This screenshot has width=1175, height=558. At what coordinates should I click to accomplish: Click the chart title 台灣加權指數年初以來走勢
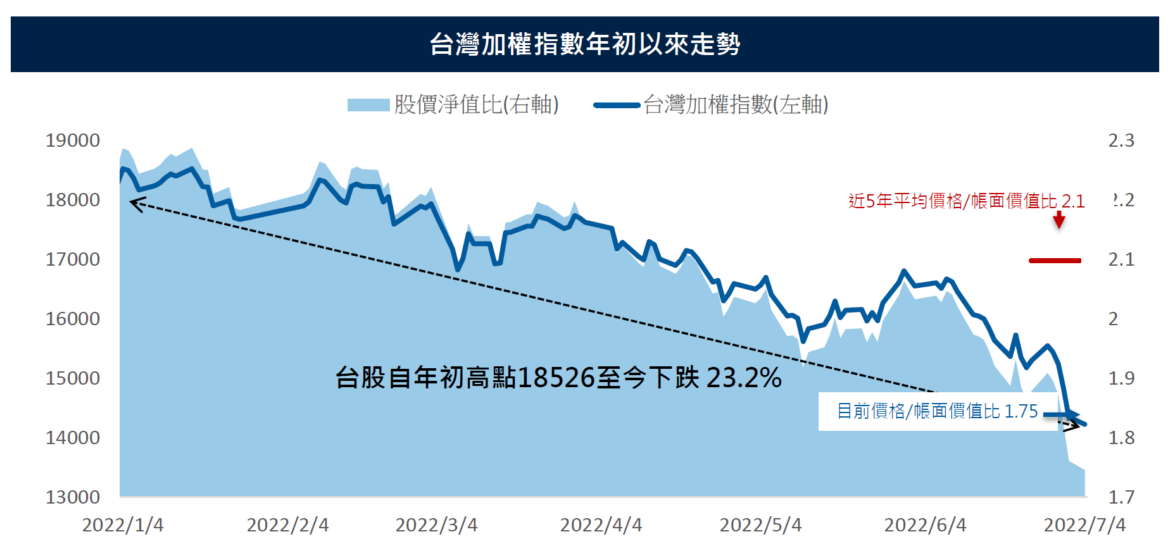(x=585, y=44)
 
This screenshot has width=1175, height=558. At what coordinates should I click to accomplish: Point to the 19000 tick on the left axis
(x=73, y=140)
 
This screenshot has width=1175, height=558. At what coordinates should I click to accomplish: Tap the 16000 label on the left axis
(x=73, y=319)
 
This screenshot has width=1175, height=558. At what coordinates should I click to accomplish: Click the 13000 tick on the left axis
(x=73, y=497)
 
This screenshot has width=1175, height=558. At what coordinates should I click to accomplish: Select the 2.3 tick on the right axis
(x=1121, y=140)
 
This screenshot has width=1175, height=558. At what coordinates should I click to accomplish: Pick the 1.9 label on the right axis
(x=1121, y=378)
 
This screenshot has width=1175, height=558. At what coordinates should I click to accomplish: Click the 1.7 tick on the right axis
(x=1121, y=497)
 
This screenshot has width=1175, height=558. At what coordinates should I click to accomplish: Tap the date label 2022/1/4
(x=123, y=525)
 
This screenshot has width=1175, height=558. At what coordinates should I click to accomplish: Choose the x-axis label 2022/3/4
(x=436, y=525)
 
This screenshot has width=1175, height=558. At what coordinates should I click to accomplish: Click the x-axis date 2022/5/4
(x=760, y=525)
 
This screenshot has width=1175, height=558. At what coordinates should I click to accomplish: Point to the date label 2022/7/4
(x=1084, y=525)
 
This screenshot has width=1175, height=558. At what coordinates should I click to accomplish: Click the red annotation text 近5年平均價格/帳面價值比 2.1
(x=966, y=201)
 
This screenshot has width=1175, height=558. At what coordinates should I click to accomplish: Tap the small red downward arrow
(x=1059, y=220)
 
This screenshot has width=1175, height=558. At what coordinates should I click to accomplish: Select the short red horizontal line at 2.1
(x=1055, y=260)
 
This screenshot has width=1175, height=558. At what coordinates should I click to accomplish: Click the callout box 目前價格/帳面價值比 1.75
(x=937, y=411)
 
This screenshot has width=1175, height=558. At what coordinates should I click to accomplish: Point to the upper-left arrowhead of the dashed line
(x=134, y=202)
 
